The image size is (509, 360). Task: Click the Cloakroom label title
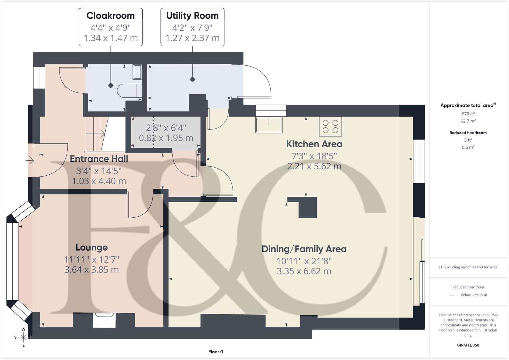point(111,16)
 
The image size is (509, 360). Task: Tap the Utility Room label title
point(192,16)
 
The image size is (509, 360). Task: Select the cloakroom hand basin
point(137,72)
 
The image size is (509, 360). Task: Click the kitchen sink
point(269,124)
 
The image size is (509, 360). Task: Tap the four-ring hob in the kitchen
point(330,126)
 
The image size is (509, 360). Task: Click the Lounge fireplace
point(104,321)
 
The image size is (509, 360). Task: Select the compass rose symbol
point(23,337)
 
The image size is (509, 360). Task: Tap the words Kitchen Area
point(314,144)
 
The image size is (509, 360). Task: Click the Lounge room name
point(92,247)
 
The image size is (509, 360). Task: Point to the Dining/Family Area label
point(304,249)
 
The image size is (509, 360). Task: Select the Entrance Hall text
point(99,159)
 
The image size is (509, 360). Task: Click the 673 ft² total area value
point(468,114)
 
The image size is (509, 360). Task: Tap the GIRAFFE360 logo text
point(468,345)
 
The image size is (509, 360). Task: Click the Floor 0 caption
point(216,352)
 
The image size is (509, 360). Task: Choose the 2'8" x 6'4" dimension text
point(166,128)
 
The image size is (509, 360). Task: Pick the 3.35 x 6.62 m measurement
point(304,271)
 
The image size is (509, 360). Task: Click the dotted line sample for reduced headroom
point(454,295)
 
